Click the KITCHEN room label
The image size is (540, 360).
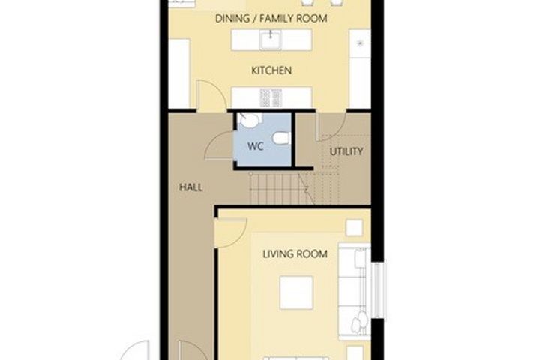pos(271,70)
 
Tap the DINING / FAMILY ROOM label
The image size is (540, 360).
pos(271,18)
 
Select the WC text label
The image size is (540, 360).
pos(256,146)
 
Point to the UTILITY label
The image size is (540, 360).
pos(346,151)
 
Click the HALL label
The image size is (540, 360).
pos(190,187)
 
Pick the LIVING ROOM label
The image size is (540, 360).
pos(295,254)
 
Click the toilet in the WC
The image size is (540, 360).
pos(282,138)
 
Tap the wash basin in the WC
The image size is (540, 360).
pos(250,120)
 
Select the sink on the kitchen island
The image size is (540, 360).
pos(271,40)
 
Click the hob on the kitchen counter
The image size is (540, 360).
pos(271,97)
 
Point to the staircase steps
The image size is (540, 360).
pos(282,189)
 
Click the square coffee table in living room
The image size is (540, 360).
pos(296,292)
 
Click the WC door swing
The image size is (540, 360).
pos(219,145)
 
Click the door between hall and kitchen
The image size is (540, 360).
pos(211,95)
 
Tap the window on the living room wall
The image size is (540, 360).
pos(379,289)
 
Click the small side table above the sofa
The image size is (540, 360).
pos(354,228)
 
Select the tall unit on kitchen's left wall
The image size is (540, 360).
pos(178,73)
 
